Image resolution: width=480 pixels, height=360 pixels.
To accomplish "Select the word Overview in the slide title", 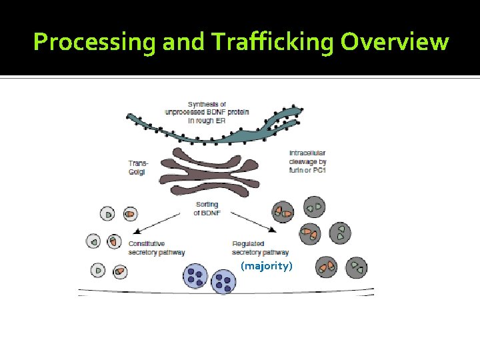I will tap(395, 42).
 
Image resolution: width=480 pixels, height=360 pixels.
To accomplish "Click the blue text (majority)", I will tap(267, 266).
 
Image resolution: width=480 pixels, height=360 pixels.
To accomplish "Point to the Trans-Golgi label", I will tap(139, 167).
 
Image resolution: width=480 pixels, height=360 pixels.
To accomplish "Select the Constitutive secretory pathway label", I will tap(157, 248).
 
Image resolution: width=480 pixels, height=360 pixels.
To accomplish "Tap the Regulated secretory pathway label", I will tap(260, 248).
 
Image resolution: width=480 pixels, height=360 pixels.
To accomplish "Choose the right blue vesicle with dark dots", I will tap(224, 283).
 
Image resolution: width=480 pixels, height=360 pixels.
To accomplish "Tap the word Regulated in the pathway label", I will tap(248, 244).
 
